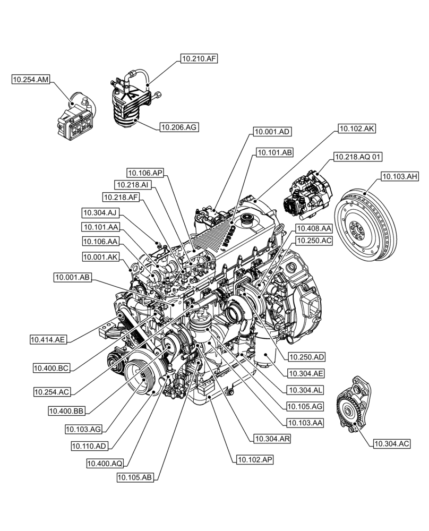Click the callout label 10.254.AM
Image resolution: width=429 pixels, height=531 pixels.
[x=31, y=80]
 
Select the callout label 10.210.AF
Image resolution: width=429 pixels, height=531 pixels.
[x=199, y=59]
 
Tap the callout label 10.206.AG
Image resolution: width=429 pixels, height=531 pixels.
[x=179, y=127]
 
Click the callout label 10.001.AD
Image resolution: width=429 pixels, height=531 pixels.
[x=272, y=131]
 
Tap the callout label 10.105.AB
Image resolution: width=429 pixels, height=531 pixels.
[x=136, y=477]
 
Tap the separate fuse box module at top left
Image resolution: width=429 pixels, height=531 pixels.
[x=75, y=119]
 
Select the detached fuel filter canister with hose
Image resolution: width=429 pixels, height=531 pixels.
[x=130, y=104]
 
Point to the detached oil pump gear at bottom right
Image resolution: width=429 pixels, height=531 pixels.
[x=353, y=407]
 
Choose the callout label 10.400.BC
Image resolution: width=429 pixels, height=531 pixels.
[x=52, y=367]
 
